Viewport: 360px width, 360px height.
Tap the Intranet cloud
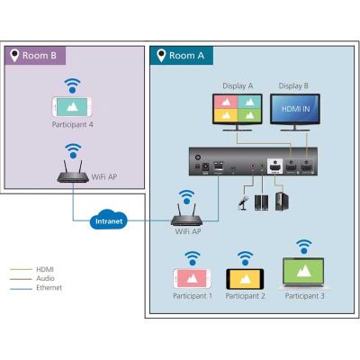click(x=109, y=220)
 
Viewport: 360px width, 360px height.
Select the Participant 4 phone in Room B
click(x=72, y=107)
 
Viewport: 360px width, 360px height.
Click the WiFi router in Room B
click(x=73, y=173)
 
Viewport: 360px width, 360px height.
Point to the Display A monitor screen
click(x=238, y=108)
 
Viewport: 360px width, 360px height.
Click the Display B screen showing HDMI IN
click(x=295, y=109)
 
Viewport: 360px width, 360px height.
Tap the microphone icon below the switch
click(x=243, y=202)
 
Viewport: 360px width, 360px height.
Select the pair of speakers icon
click(x=261, y=202)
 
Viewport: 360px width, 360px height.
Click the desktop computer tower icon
click(x=282, y=201)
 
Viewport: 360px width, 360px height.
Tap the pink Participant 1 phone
click(x=192, y=279)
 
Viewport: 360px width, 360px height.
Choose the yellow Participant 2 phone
click(x=245, y=279)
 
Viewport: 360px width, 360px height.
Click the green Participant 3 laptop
click(x=303, y=274)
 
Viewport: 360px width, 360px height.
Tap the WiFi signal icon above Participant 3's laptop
click(x=303, y=246)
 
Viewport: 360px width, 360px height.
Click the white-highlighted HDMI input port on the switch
click(x=274, y=166)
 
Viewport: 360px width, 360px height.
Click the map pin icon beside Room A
click(x=161, y=55)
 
